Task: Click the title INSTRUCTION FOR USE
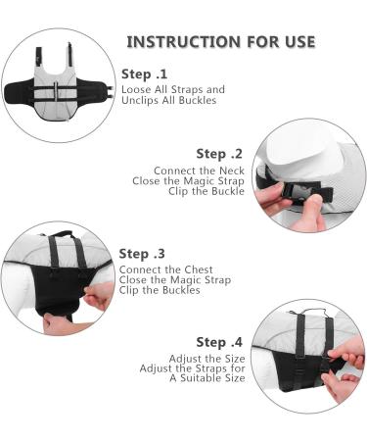[x=220, y=41]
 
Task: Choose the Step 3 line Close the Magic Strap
[x=171, y=279]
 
